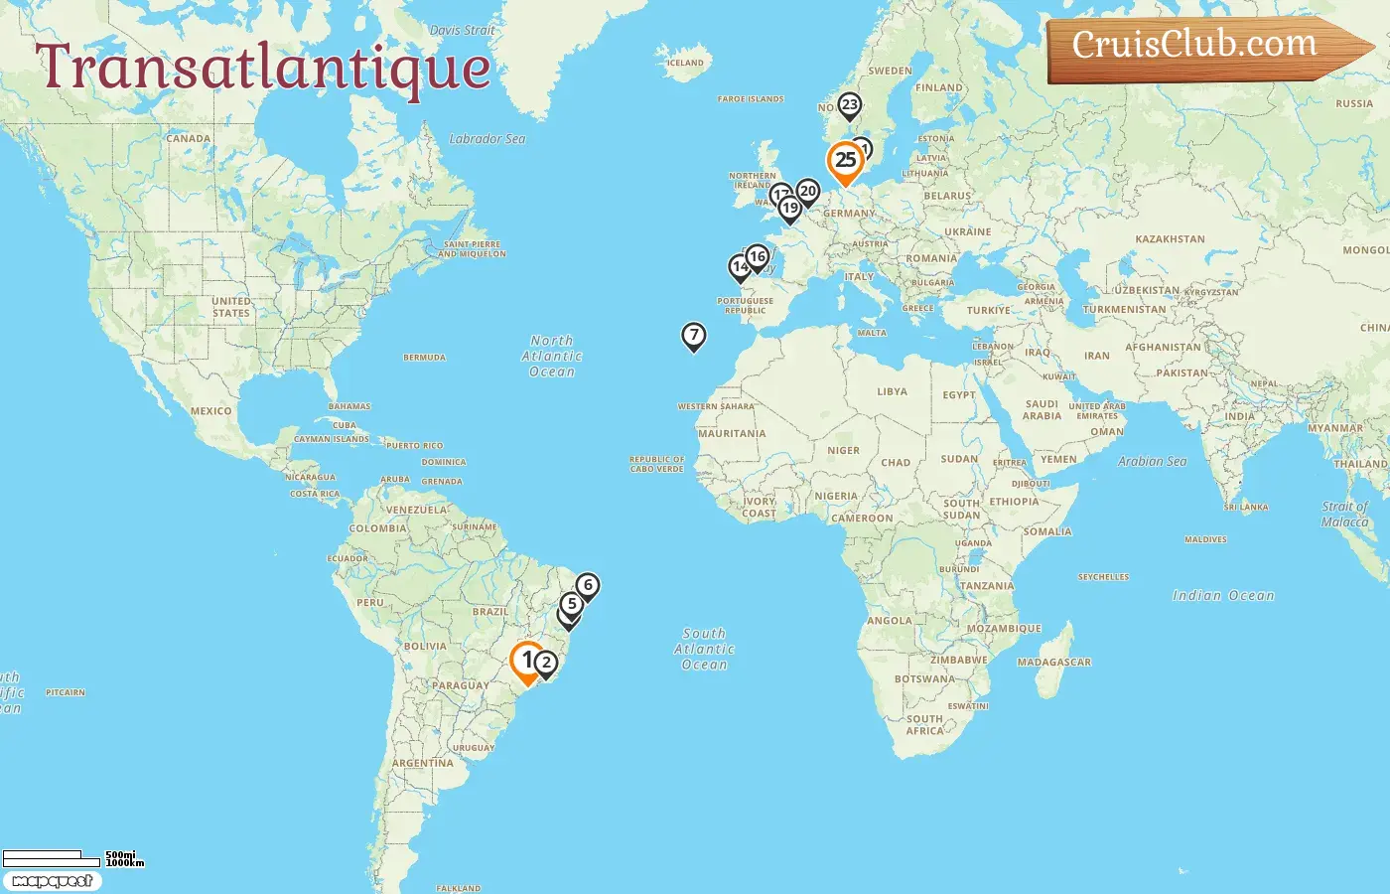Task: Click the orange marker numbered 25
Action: (845, 161)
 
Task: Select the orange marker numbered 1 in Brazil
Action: (526, 661)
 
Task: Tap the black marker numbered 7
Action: (694, 336)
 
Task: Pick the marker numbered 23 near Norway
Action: (849, 104)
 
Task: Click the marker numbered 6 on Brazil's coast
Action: (588, 585)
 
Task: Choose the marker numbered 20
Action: (808, 191)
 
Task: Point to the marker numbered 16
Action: (758, 257)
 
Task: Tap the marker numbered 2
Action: (545, 663)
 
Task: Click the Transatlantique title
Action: (264, 68)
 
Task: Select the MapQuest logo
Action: (52, 881)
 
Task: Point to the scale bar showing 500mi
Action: (60, 857)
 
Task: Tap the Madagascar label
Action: (1053, 662)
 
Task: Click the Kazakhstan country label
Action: (1170, 239)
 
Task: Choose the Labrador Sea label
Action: (486, 139)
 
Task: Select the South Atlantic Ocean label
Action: (704, 649)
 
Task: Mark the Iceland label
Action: (684, 63)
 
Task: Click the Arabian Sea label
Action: (1152, 461)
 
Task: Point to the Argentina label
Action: (422, 763)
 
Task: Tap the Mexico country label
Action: (210, 410)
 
